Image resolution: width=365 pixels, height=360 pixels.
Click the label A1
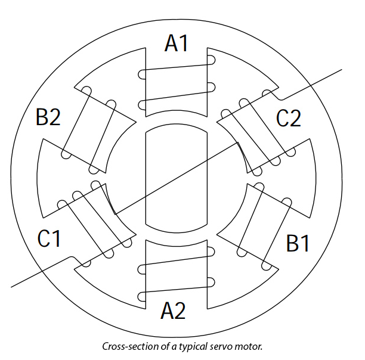(x=177, y=44)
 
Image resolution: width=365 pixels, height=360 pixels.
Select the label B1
(x=298, y=243)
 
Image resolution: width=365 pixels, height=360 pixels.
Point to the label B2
(x=48, y=117)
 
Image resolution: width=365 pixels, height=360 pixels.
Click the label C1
(x=50, y=238)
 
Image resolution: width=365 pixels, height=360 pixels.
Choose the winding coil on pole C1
(x=92, y=222)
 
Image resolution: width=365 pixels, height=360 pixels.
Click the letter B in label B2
(x=42, y=117)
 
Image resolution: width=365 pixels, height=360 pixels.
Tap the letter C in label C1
(x=44, y=238)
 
